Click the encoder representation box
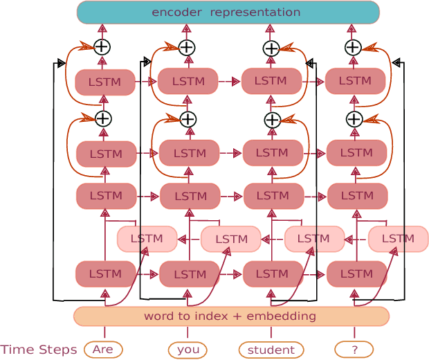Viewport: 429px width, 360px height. (x=228, y=12)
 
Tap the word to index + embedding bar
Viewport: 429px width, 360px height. (x=231, y=316)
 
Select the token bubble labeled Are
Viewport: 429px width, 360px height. (x=103, y=350)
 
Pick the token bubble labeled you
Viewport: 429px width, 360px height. (x=188, y=350)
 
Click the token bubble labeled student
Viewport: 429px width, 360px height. (x=271, y=350)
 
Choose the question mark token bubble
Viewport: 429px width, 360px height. (x=354, y=350)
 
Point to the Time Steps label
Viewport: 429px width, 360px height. (x=39, y=350)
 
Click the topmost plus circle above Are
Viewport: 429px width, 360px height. (x=102, y=47)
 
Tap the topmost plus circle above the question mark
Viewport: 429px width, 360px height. (x=353, y=47)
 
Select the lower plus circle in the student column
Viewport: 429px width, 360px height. (x=272, y=120)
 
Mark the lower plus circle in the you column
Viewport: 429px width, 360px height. (x=188, y=119)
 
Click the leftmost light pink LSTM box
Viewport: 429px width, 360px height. (x=147, y=239)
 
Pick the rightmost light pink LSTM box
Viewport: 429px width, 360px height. (x=398, y=239)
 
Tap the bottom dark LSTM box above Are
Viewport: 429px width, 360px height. (x=105, y=273)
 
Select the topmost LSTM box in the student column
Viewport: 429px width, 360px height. (x=271, y=81)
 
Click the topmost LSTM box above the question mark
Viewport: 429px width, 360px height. (x=355, y=81)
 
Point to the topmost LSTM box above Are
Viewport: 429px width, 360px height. (x=104, y=82)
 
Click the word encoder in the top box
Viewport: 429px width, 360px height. (x=176, y=12)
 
